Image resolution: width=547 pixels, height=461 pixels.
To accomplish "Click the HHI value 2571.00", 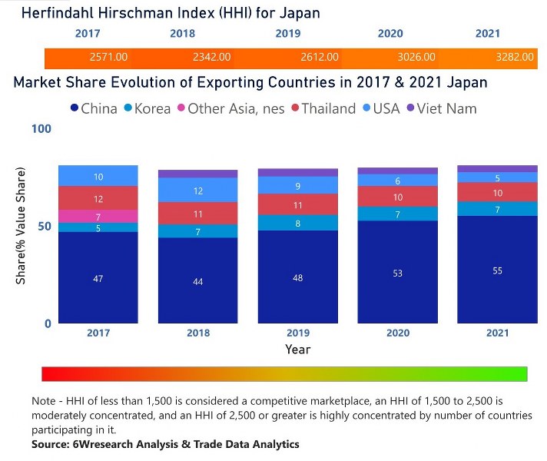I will tap(108, 58).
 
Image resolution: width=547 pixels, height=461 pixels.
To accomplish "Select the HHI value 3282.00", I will tap(506, 58).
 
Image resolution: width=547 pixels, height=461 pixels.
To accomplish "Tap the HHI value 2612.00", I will tap(318, 58).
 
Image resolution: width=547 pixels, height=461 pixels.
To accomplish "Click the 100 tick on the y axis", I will tap(41, 128).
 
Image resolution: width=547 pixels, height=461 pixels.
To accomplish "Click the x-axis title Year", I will tap(298, 349).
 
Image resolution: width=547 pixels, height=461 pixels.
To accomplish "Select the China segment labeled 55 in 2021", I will tap(497, 270).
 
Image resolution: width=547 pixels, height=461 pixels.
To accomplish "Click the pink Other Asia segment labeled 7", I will tap(98, 217).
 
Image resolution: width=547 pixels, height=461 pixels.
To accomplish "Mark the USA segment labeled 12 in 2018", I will tap(198, 190).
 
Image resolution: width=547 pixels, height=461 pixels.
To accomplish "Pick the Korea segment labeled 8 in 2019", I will tap(298, 223).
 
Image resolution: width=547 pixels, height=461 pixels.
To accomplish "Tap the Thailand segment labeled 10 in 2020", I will tap(397, 197).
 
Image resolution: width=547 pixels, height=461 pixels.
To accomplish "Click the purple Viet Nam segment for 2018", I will tap(198, 174).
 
